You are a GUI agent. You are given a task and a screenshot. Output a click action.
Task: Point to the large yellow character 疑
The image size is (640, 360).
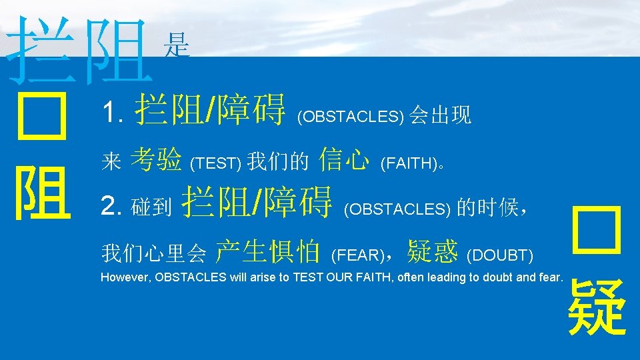(x=597, y=307)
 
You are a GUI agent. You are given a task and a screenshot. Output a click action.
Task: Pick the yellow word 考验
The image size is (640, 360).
(x=156, y=160)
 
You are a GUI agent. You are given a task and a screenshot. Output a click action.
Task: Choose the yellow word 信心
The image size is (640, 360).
(x=344, y=160)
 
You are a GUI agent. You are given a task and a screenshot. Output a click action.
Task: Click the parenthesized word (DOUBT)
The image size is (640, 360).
(x=500, y=255)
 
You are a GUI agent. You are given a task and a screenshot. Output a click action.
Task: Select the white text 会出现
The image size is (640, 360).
(x=441, y=116)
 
